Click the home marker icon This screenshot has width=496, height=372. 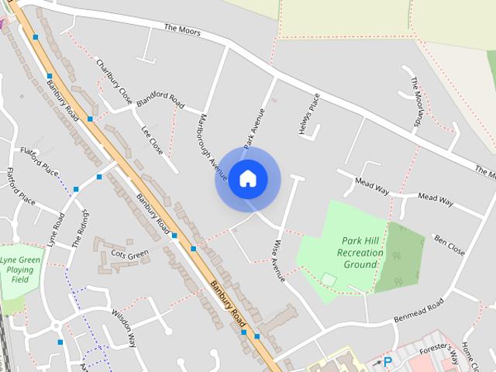click(x=248, y=179)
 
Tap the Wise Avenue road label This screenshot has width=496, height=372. click(x=278, y=260)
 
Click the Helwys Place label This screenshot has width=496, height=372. click(x=308, y=114)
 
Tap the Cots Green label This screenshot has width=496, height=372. click(x=129, y=253)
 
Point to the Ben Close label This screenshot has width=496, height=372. click(x=449, y=245)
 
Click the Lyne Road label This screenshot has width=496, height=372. click(x=56, y=231)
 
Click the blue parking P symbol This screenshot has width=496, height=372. click(x=387, y=362)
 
